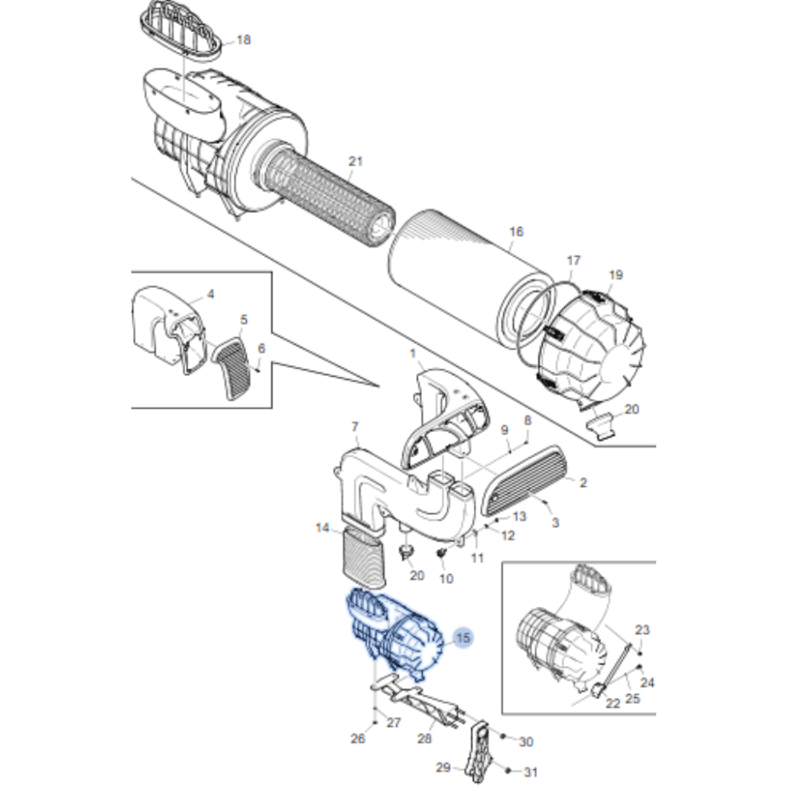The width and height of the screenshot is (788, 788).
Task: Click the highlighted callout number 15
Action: tap(463, 638)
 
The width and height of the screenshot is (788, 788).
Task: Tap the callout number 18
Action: tap(243, 40)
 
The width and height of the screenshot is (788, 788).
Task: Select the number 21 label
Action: tap(356, 161)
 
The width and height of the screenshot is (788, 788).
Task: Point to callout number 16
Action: tap(516, 232)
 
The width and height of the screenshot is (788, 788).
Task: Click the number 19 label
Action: tap(616, 275)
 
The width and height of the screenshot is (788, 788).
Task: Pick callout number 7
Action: tap(354, 427)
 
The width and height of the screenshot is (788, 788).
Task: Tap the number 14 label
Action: tap(322, 528)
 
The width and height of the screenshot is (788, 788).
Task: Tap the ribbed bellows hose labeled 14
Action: tap(363, 558)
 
